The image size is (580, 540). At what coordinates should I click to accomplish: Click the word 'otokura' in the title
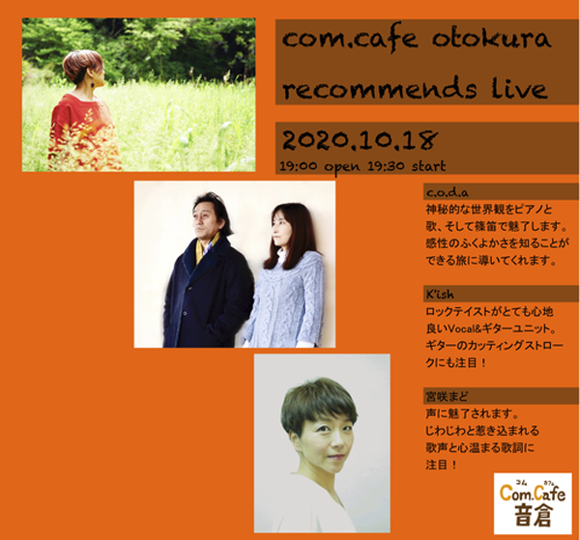[491, 40]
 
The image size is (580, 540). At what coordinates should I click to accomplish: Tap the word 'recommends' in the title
[380, 89]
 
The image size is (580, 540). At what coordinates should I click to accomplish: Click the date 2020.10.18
[360, 140]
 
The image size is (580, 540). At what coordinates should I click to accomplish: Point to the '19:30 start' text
[407, 166]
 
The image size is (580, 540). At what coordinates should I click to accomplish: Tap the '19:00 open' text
[320, 166]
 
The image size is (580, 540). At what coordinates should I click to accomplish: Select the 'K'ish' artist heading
[440, 295]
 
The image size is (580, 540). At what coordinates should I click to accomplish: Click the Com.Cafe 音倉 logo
[533, 503]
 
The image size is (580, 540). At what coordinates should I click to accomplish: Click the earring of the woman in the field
[98, 83]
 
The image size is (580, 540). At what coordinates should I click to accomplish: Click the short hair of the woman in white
[318, 404]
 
